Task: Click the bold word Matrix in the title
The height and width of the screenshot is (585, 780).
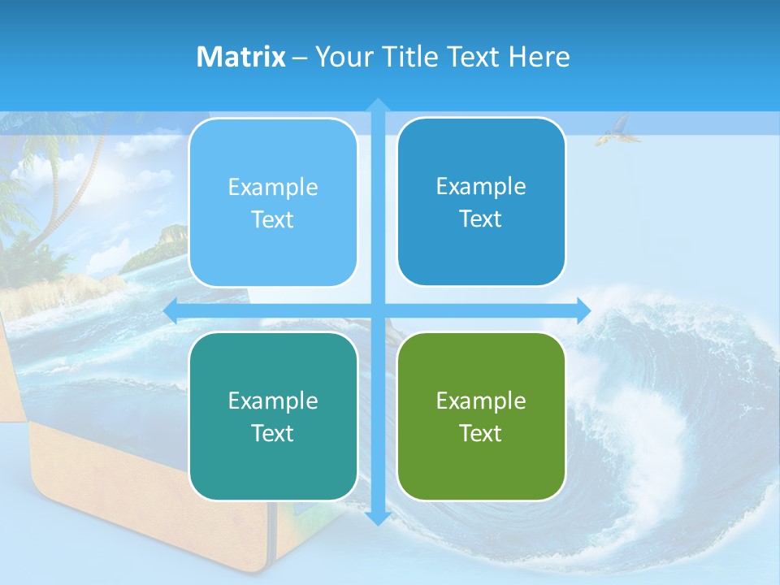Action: (241, 57)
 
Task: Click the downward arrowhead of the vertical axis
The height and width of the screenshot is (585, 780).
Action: (378, 518)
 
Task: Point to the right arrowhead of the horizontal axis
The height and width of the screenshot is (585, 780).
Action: (583, 310)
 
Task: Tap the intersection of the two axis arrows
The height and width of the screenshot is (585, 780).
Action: (378, 310)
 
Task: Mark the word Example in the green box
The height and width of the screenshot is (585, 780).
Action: (481, 401)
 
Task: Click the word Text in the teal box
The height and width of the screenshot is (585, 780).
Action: (273, 433)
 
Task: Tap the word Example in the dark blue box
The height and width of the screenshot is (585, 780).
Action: (481, 186)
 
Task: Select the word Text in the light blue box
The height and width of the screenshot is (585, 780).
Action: (273, 219)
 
